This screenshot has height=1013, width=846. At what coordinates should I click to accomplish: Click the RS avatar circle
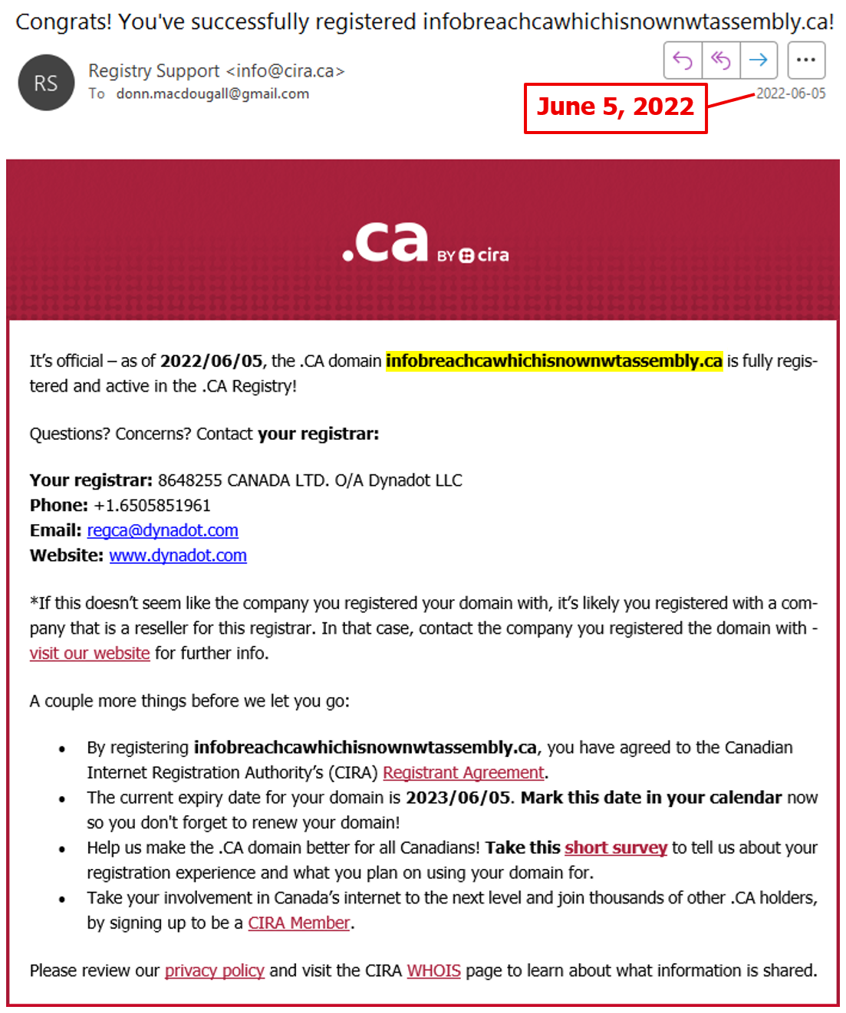[46, 83]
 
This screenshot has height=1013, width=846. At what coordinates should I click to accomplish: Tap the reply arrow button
[683, 60]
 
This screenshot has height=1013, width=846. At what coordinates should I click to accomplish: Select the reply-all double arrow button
[721, 60]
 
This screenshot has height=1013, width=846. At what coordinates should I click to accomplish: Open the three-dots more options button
[805, 60]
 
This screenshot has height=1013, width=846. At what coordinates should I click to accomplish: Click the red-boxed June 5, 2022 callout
[615, 107]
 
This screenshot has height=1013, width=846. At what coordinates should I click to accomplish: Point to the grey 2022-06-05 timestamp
[791, 93]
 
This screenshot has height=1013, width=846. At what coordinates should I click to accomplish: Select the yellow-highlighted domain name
[554, 361]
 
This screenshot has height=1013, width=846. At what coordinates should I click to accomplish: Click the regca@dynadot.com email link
[163, 530]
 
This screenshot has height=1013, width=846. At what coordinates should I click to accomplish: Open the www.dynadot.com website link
[178, 556]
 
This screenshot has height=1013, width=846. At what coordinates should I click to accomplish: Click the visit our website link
[90, 654]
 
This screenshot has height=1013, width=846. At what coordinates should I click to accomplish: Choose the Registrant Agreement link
[463, 772]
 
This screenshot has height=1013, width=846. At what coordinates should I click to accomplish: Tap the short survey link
[616, 847]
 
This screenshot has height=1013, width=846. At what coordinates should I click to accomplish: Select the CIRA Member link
[299, 923]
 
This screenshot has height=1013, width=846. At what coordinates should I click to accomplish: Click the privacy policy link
[215, 971]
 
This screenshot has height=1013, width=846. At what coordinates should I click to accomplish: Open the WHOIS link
[434, 971]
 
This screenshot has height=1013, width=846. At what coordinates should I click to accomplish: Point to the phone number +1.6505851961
[152, 506]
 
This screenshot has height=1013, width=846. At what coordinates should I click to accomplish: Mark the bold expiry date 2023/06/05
[458, 798]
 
